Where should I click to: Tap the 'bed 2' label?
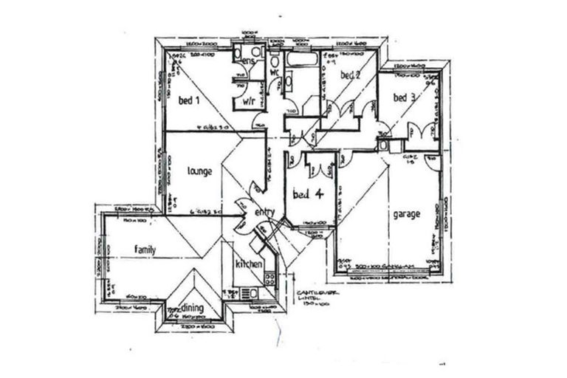click(x=350, y=75)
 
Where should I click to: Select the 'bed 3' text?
click(x=404, y=97)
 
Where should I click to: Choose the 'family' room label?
click(x=145, y=250)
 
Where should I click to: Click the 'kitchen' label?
click(x=249, y=264)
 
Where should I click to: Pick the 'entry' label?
click(x=264, y=213)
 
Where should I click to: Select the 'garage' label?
click(x=406, y=214)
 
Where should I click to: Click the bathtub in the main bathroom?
click(x=302, y=59)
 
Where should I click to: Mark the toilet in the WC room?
click(x=275, y=59)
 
